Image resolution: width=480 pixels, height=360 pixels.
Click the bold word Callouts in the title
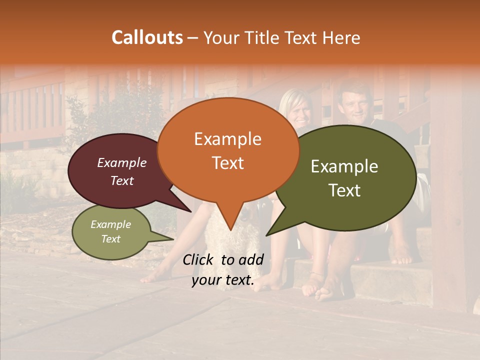tap(147, 37)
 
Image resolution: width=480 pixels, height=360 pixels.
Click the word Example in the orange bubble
tap(227, 139)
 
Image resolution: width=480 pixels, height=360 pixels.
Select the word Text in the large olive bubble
tap(344, 190)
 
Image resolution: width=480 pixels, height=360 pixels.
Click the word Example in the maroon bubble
tap(122, 163)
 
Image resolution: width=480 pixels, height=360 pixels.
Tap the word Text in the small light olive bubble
tap(111, 239)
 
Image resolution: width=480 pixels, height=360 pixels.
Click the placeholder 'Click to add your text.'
tap(223, 270)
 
